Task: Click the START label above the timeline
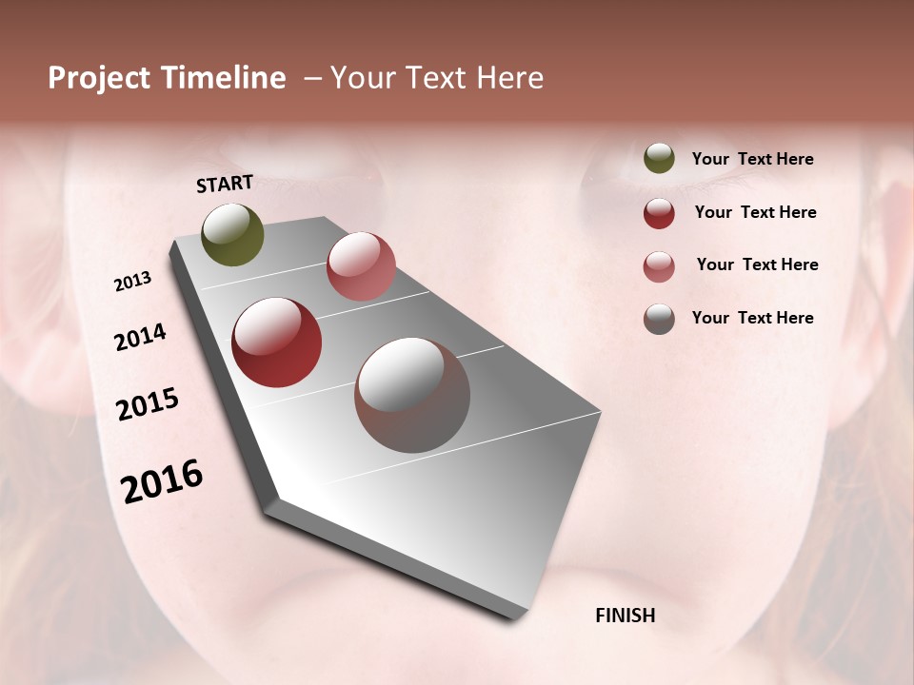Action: [x=225, y=184]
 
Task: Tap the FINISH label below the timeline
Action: [x=625, y=616]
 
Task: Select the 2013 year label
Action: [x=132, y=282]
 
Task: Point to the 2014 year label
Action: [x=140, y=337]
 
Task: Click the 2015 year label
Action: [x=148, y=404]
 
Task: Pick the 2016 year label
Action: [x=162, y=480]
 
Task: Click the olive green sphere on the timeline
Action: [x=232, y=234]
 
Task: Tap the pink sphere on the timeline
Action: [x=361, y=266]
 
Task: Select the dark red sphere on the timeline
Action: [x=276, y=342]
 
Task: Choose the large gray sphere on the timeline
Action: [x=412, y=395]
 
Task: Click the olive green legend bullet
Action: [x=659, y=158]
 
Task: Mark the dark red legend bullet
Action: [x=659, y=213]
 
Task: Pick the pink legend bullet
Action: [x=659, y=266]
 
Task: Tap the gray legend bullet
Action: [x=659, y=319]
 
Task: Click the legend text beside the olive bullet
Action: [x=752, y=159]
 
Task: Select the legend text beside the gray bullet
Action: [x=752, y=318]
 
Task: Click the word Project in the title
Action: [x=99, y=78]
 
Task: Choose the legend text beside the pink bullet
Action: [x=757, y=264]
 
